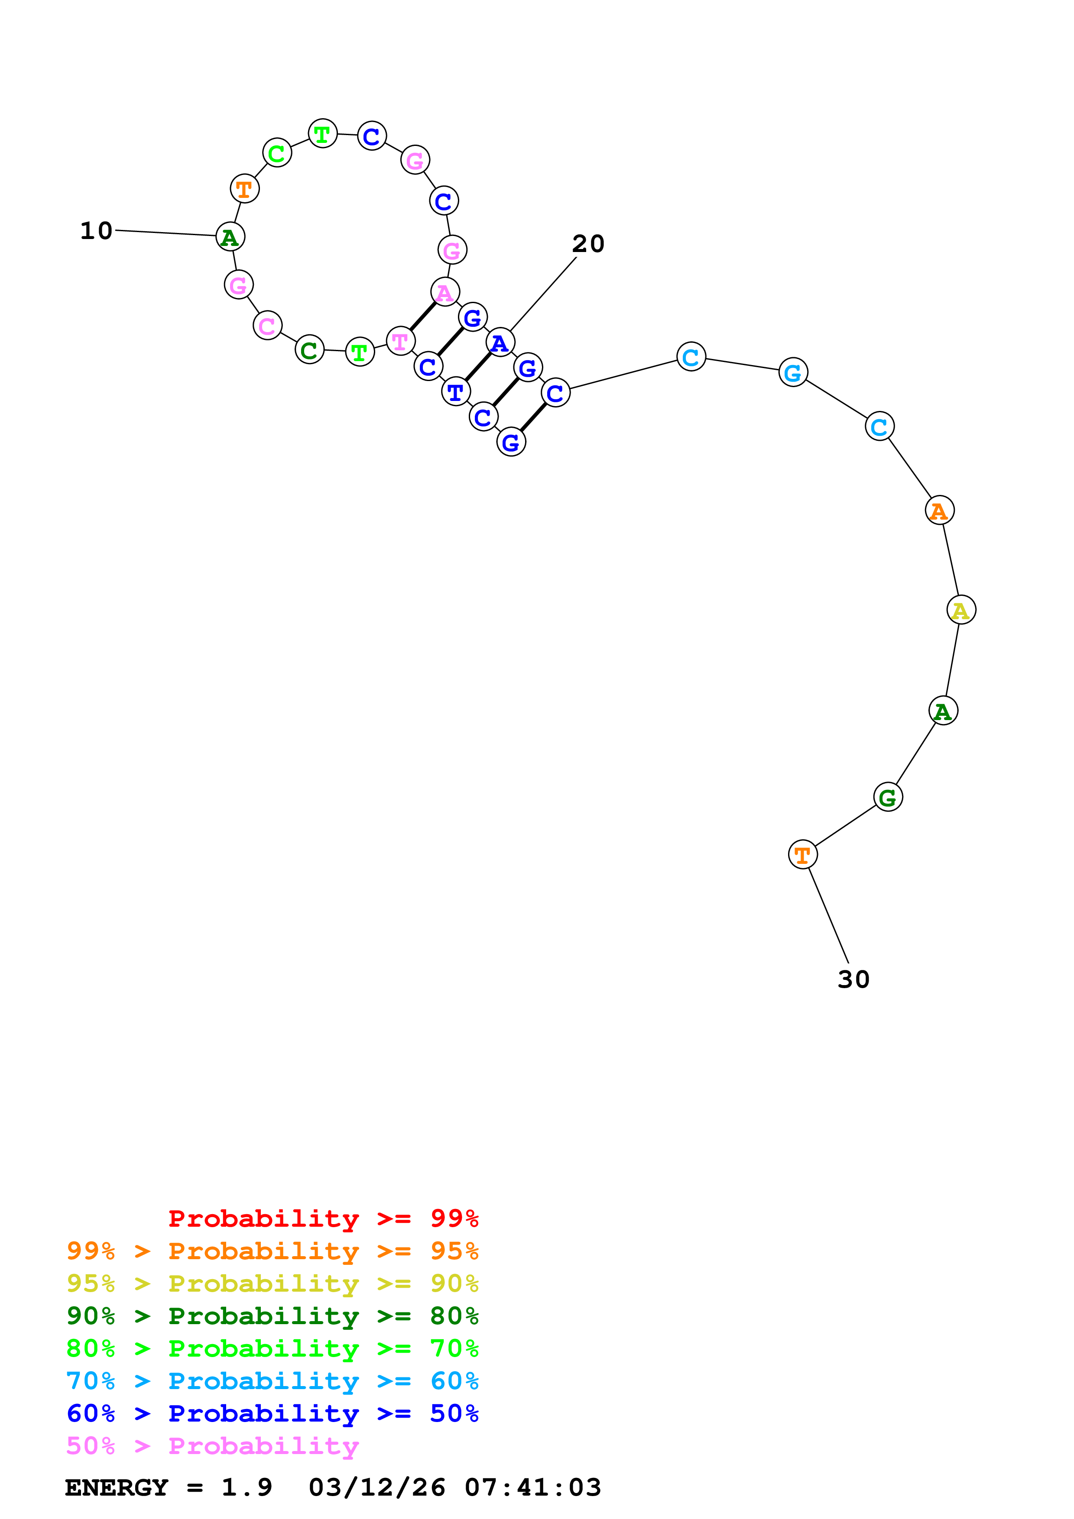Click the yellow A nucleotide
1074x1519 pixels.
pos(961,610)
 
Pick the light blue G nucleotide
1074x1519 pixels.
pos(793,372)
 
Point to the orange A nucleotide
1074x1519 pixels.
pos(939,510)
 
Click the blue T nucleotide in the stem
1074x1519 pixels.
pos(455,392)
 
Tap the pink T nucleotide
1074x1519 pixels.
pos(400,341)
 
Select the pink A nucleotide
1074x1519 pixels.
pos(445,292)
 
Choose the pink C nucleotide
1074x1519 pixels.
pos(267,326)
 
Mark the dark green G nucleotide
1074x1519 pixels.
pos(887,797)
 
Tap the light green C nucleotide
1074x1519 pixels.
pos(276,153)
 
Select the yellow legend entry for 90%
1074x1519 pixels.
pos(272,1283)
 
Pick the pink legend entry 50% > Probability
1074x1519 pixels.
pos(212,1446)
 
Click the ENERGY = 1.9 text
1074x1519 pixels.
pos(168,1488)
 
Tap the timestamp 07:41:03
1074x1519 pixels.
pos(533,1488)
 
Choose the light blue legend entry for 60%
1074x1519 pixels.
pos(272,1381)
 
